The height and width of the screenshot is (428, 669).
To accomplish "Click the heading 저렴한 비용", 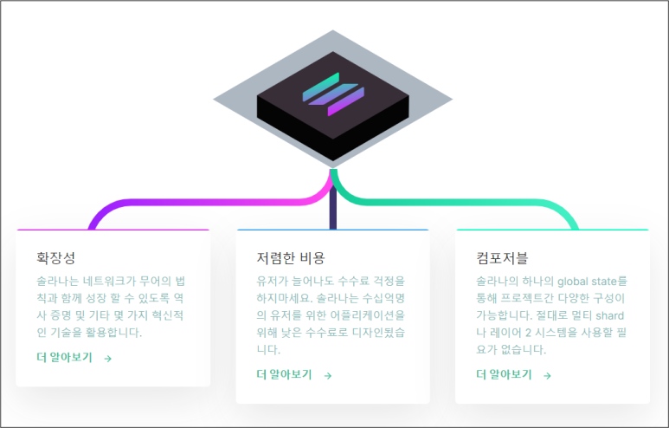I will (x=291, y=257).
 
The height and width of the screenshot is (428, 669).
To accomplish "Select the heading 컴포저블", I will (x=502, y=257).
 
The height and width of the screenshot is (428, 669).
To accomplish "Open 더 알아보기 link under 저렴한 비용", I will (x=284, y=374).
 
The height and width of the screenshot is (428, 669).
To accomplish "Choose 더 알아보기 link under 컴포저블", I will (x=504, y=374).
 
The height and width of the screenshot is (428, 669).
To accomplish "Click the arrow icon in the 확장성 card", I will (x=108, y=358).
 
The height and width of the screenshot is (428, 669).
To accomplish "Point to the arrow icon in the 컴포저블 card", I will (x=547, y=375).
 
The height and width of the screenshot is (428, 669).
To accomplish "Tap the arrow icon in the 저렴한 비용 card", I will (x=328, y=375).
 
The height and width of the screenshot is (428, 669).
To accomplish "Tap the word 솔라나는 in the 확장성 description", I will (x=57, y=282).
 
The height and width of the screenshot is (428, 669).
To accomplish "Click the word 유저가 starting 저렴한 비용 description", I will (x=273, y=282).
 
